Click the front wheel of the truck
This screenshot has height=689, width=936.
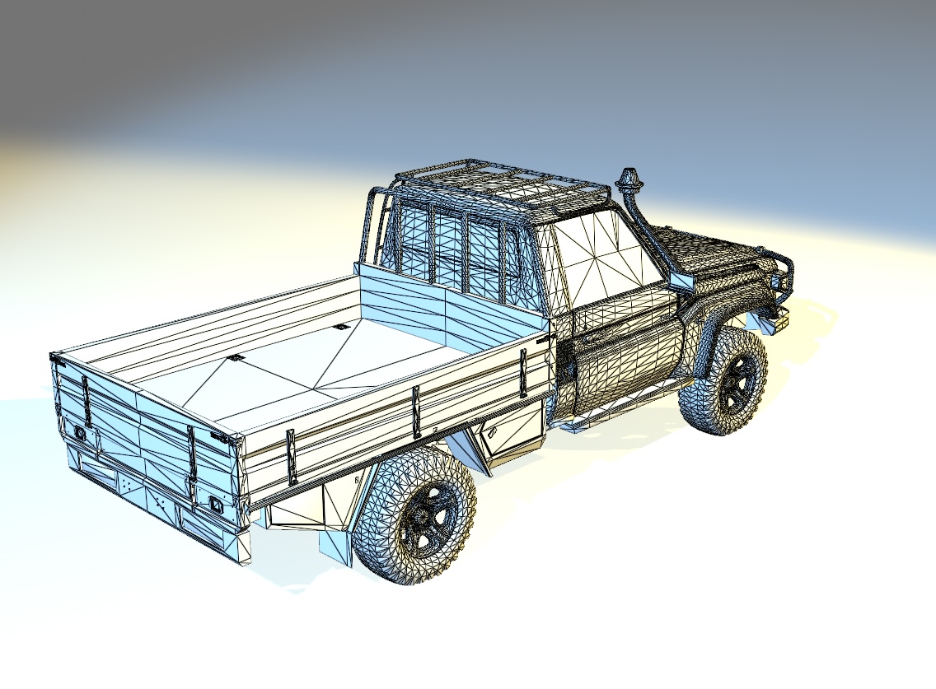[726, 381]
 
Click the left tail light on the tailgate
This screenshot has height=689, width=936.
[81, 431]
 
